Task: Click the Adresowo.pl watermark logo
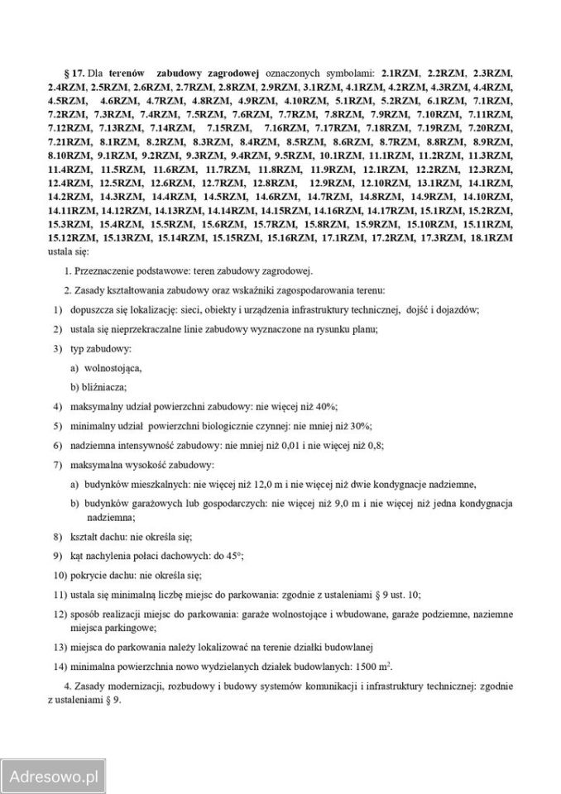click(x=54, y=777)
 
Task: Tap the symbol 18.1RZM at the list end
click(x=489, y=237)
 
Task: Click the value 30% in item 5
click(x=360, y=425)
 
